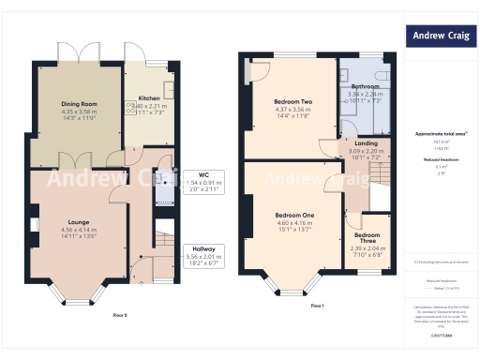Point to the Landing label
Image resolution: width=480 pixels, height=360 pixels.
click(x=367, y=143)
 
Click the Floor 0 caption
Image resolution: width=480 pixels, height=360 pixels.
click(x=120, y=314)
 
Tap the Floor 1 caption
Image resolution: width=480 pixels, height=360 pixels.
click(x=317, y=306)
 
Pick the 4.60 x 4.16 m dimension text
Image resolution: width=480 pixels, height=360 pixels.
click(x=292, y=223)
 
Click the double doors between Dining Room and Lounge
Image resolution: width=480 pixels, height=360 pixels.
click(x=78, y=156)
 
